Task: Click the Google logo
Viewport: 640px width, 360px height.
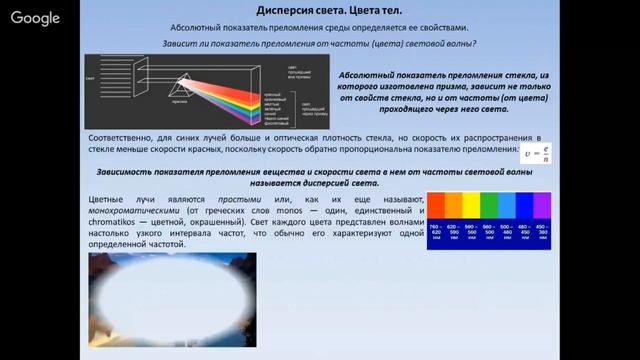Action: (x=36, y=18)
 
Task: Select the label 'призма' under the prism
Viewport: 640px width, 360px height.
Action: (x=181, y=103)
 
